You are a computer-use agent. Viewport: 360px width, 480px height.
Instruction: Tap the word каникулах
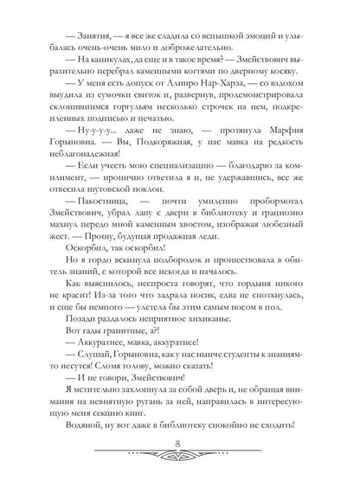[x=101, y=54]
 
